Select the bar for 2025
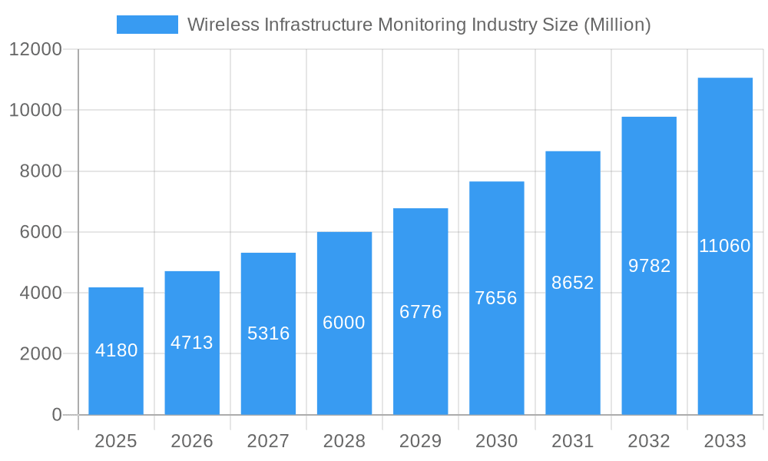(x=116, y=351)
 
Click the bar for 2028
(x=344, y=323)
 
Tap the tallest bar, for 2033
(x=725, y=246)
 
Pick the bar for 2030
(x=496, y=298)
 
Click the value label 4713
(x=192, y=343)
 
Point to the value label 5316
(x=268, y=333)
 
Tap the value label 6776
(x=420, y=312)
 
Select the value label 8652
(x=573, y=283)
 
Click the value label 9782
(x=649, y=266)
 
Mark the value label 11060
(x=725, y=246)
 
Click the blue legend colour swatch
(x=147, y=25)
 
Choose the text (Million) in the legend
(x=617, y=25)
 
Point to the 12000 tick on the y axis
(x=35, y=49)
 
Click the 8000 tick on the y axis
(x=40, y=171)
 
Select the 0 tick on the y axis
(x=56, y=415)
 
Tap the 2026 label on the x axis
(x=192, y=441)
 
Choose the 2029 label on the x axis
(x=420, y=441)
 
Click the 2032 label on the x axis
(x=649, y=441)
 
